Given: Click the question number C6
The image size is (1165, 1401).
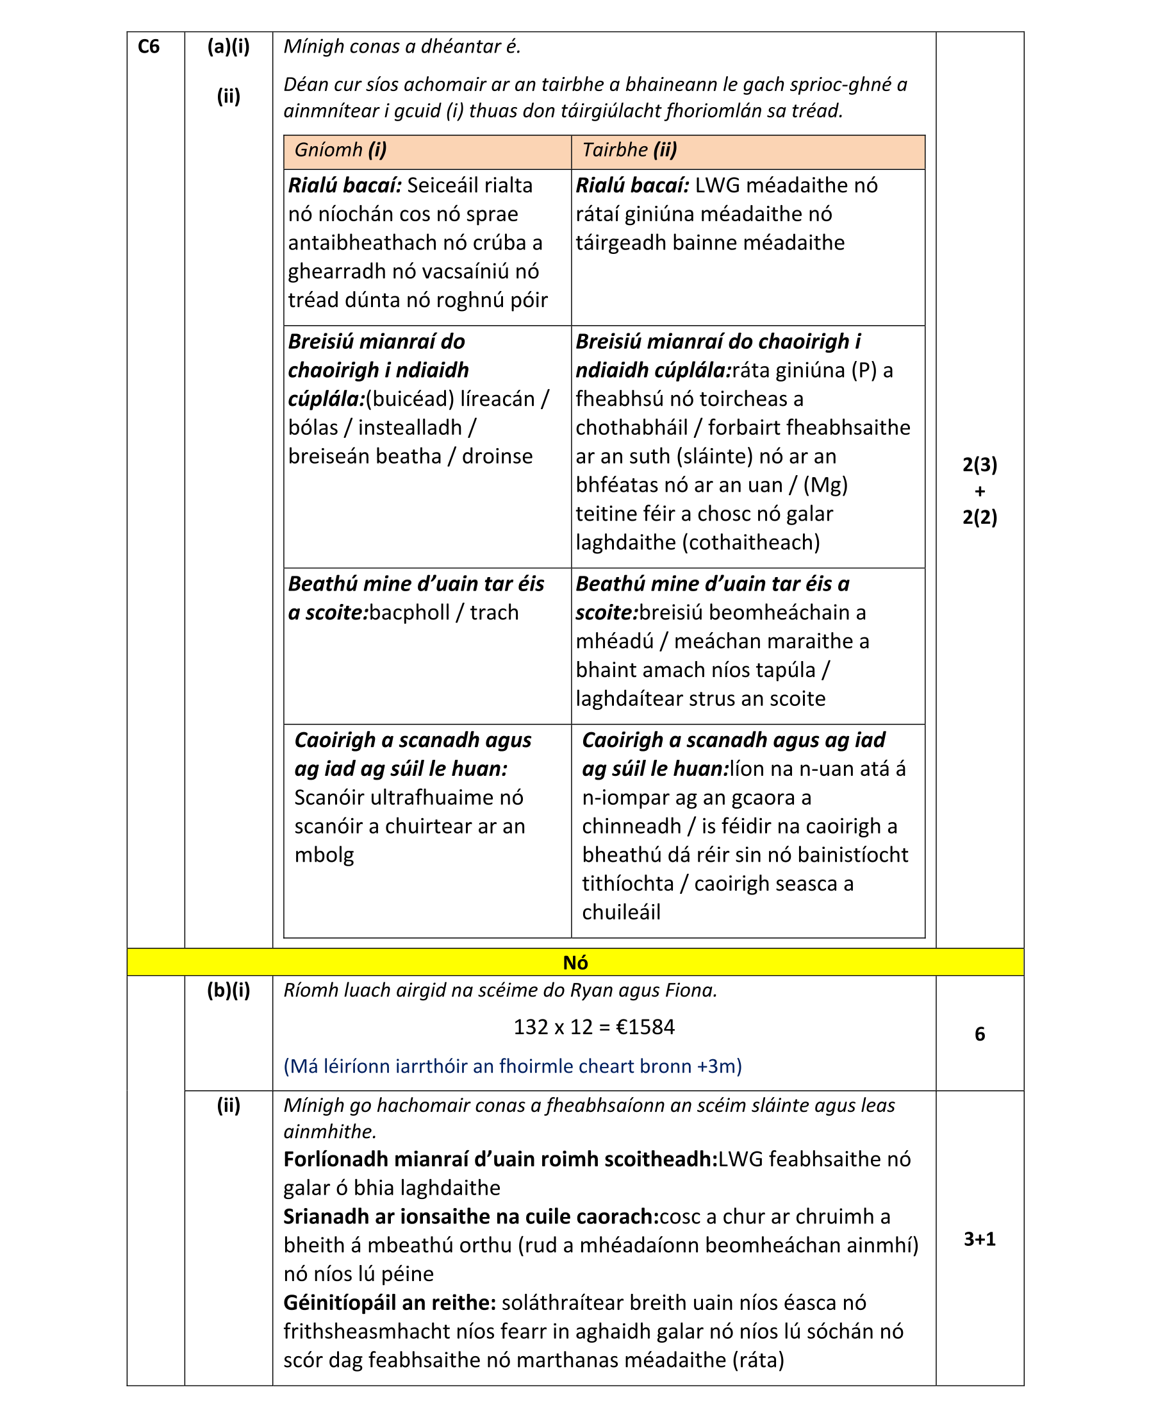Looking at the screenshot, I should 148,47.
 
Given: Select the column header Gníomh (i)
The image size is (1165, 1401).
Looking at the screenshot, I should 340,150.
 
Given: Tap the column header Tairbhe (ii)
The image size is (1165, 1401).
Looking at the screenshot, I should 629,150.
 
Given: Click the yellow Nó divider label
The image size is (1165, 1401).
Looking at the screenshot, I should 575,962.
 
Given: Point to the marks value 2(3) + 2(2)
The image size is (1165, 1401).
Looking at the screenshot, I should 979,491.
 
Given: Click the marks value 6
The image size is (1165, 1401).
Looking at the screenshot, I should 979,1034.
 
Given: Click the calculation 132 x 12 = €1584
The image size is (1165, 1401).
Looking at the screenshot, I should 593,1027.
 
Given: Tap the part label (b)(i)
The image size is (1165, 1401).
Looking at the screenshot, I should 228,990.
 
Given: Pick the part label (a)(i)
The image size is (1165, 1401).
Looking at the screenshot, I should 228,47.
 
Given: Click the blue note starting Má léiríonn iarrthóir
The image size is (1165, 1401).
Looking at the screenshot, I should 512,1066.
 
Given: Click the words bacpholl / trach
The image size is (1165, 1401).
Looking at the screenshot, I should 443,612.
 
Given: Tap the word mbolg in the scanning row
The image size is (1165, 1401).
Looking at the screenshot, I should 324,855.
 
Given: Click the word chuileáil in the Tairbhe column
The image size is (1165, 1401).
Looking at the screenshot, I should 621,912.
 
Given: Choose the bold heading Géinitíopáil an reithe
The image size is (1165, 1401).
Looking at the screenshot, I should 389,1303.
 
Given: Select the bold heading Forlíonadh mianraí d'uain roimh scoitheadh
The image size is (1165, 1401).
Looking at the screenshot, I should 499,1159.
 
